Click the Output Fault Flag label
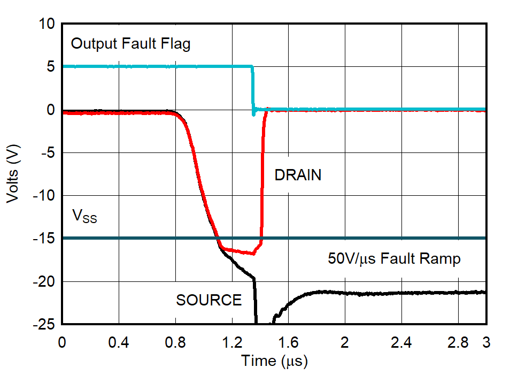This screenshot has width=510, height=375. coord(130,44)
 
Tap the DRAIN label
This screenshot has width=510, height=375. coord(298,175)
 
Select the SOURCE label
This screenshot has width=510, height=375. coord(209,300)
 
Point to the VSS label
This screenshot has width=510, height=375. coord(84,217)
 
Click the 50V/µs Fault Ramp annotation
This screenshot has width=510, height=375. coord(394,259)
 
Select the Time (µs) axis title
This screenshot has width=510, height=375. coord(274,361)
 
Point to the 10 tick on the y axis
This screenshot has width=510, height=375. coord(47,24)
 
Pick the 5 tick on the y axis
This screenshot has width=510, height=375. coord(50,67)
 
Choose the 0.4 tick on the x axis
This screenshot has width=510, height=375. coord(118,341)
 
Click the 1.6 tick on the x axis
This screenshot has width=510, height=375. coord(288,341)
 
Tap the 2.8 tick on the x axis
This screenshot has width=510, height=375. coord(458,341)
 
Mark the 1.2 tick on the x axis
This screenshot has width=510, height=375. coord(231,341)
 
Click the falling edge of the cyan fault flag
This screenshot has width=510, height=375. coord(253,88)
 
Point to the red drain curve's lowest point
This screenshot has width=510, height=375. coord(252,253)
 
